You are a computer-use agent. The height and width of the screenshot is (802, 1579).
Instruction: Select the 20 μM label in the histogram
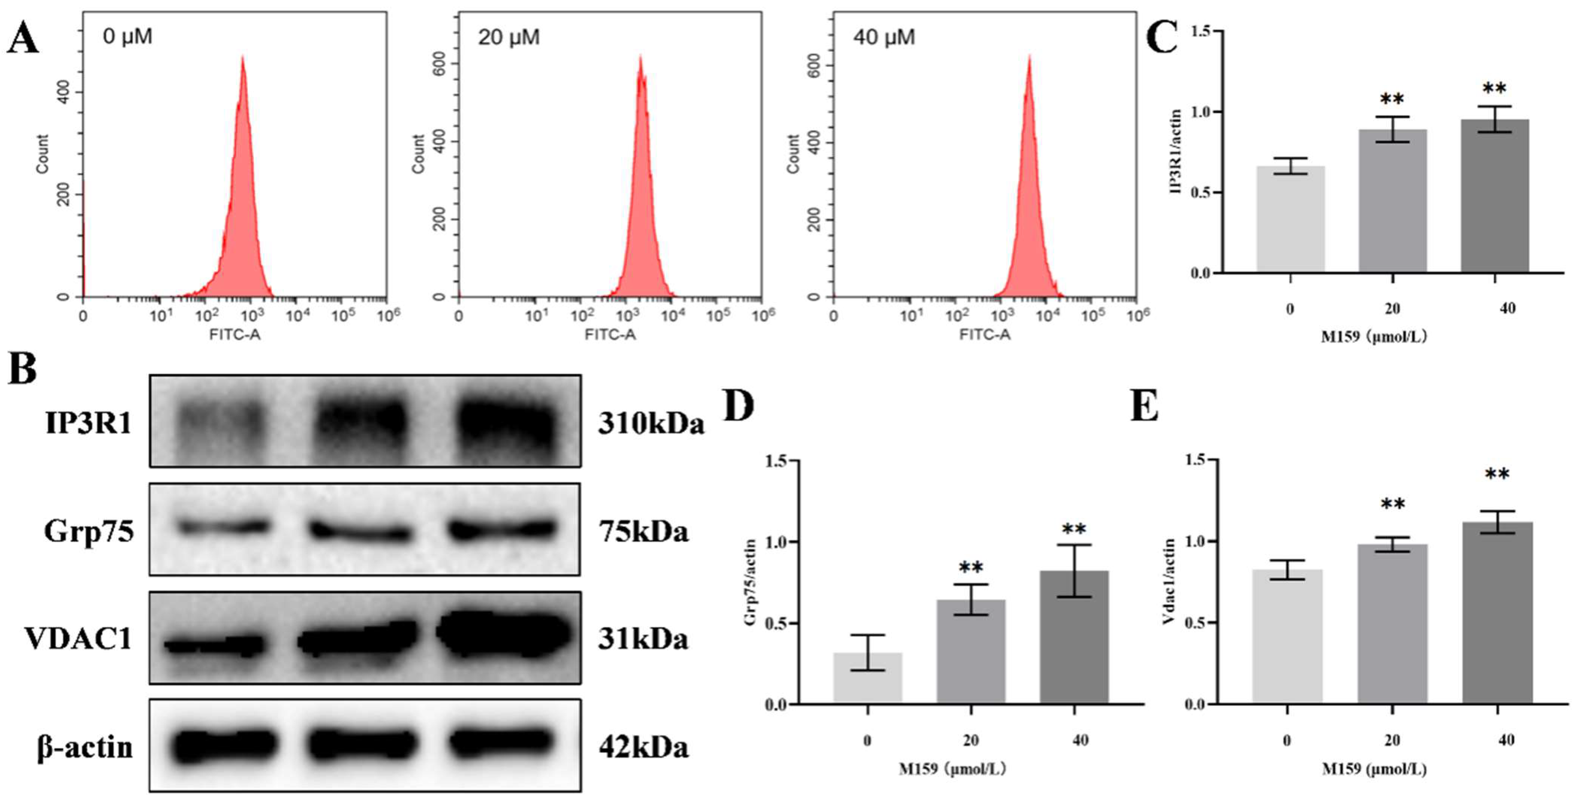tap(509, 37)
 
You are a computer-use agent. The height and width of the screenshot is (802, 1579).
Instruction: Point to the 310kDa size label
tap(651, 424)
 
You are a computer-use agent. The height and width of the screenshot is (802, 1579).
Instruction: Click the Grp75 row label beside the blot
tap(89, 531)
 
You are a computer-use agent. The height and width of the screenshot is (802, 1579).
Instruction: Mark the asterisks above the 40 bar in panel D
tap(1074, 529)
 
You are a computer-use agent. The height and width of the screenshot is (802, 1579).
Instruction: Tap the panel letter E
tap(1144, 406)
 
